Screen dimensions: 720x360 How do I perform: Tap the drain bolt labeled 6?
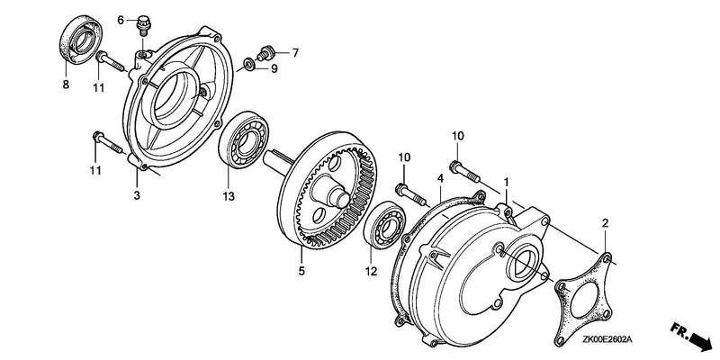tap(144, 25)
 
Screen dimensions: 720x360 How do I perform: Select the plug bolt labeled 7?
tap(264, 53)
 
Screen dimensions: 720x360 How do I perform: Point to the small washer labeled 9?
tap(248, 63)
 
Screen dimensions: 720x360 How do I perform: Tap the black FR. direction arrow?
tap(698, 341)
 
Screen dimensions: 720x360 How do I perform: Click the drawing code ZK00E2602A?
tap(607, 339)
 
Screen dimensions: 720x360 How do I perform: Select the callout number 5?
tap(301, 271)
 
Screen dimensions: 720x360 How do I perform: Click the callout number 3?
tap(137, 195)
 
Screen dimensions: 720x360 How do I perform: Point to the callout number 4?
tap(440, 178)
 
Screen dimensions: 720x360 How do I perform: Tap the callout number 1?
tap(507, 183)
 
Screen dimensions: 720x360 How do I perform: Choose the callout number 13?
tap(229, 196)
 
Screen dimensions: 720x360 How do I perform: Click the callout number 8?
tap(66, 85)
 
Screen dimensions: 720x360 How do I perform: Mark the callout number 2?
tap(605, 223)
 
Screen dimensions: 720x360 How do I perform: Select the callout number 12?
tap(371, 272)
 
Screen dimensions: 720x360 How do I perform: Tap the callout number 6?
tap(121, 20)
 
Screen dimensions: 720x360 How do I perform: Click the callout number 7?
tap(295, 53)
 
